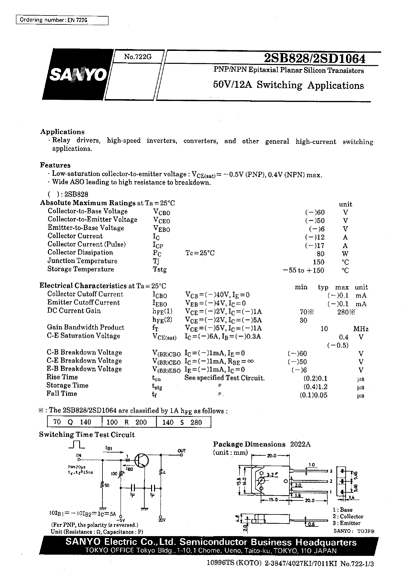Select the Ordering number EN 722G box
(x=62, y=20)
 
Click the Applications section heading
(x=62, y=132)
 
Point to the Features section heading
(x=55, y=165)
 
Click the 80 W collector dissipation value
(x=320, y=254)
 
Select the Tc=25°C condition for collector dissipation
(x=200, y=253)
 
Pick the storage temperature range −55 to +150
(x=304, y=270)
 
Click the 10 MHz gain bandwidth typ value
(x=324, y=329)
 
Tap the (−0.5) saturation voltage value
(x=338, y=345)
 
